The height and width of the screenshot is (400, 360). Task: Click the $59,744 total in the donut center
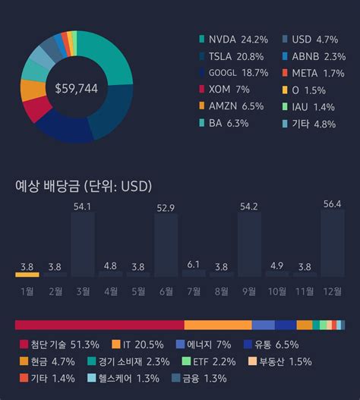click(x=76, y=89)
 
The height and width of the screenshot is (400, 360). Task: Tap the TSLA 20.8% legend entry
click(x=233, y=55)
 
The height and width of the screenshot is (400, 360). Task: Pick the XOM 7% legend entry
click(x=228, y=89)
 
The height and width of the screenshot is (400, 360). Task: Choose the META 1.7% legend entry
click(x=311, y=72)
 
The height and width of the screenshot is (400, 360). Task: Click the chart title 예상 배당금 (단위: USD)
click(x=84, y=187)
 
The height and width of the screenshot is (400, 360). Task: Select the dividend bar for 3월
click(x=82, y=244)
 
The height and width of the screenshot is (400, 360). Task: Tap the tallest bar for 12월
click(x=333, y=243)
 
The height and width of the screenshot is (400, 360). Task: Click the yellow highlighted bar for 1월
click(x=27, y=274)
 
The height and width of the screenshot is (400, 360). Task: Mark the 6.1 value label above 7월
click(x=194, y=264)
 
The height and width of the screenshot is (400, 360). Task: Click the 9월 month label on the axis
click(x=249, y=290)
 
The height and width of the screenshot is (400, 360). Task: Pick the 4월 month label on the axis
click(x=110, y=290)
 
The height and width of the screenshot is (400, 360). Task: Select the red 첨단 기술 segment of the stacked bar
click(x=99, y=325)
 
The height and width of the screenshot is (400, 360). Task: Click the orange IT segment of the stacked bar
click(x=217, y=325)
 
